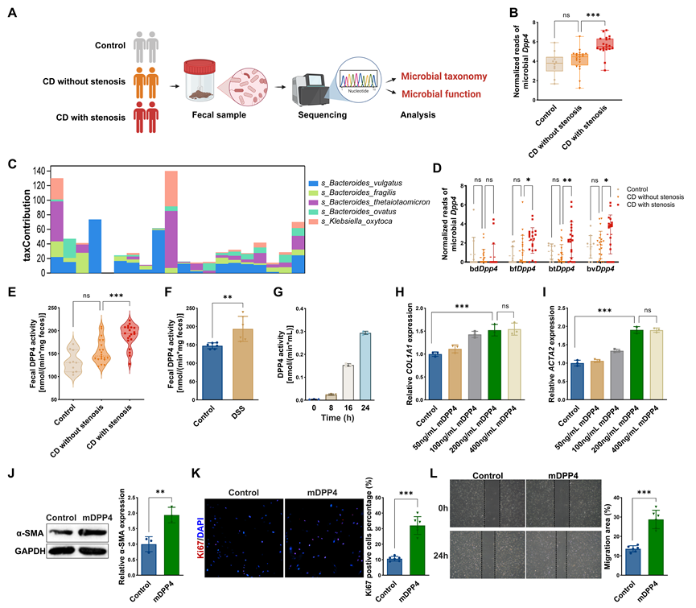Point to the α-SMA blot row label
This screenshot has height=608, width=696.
point(26,532)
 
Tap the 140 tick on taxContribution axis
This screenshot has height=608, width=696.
point(36,172)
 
